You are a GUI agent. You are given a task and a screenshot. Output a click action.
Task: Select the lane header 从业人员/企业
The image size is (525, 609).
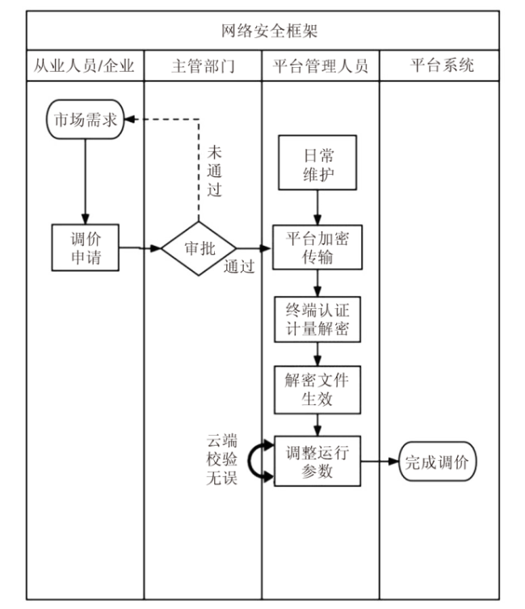click(x=84, y=66)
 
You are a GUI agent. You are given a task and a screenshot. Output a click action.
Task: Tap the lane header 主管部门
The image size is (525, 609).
click(x=203, y=66)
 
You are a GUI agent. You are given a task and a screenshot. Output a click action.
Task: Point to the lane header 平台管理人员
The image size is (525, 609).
click(x=321, y=66)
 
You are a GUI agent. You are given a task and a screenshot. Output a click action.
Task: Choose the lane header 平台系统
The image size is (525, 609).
click(x=441, y=66)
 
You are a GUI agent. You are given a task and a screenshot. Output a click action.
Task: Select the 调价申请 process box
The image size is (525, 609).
click(x=85, y=247)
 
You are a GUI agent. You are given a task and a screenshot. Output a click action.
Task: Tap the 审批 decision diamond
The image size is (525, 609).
click(x=199, y=248)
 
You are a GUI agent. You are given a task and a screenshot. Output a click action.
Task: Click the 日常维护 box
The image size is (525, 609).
click(x=318, y=163)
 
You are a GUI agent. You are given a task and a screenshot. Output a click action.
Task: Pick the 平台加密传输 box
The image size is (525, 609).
click(x=317, y=247)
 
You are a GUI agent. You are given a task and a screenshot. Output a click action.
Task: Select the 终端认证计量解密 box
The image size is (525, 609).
click(x=317, y=320)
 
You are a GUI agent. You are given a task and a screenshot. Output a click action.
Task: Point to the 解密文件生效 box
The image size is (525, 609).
click(x=317, y=390)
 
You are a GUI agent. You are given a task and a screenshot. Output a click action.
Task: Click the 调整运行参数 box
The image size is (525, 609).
click(x=317, y=462)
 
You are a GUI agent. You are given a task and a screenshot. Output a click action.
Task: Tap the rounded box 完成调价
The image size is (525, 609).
click(x=440, y=463)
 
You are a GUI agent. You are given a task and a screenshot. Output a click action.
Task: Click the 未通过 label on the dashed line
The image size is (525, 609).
click(x=214, y=171)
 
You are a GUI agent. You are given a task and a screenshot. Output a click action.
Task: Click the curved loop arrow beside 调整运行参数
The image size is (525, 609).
click(x=258, y=462)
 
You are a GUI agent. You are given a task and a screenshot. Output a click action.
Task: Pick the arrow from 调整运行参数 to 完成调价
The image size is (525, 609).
click(x=380, y=462)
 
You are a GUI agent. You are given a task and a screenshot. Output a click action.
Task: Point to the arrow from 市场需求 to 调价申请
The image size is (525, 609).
click(x=84, y=180)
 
